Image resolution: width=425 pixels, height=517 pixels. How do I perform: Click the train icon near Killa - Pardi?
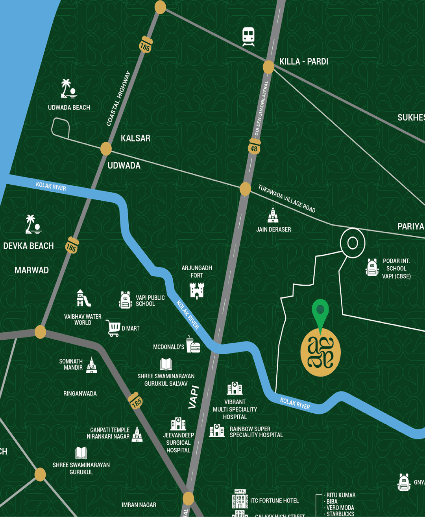click(x=248, y=36)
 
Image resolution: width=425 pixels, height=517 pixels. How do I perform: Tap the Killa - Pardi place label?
click(x=303, y=61)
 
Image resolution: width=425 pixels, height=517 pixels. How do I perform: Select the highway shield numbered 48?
click(x=254, y=147)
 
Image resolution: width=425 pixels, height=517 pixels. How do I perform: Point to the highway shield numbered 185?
click(x=136, y=401)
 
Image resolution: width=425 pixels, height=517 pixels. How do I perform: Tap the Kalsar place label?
click(x=135, y=138)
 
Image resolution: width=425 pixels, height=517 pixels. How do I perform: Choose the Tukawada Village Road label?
click(x=286, y=199)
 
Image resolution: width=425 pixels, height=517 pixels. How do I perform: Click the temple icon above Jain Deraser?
click(x=273, y=215)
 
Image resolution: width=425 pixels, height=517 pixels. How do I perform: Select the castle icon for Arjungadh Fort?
click(x=197, y=290)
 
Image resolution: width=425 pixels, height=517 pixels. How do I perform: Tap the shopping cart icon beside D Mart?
click(x=113, y=328)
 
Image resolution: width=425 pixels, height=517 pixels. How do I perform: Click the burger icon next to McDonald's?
click(x=193, y=345)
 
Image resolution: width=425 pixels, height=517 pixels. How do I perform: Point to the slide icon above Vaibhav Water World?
click(x=83, y=299)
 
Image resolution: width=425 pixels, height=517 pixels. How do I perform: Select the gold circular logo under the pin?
click(x=320, y=352)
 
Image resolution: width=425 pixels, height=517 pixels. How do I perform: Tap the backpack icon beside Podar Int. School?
click(x=372, y=268)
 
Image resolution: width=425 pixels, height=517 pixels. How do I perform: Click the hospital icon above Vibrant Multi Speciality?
click(x=235, y=388)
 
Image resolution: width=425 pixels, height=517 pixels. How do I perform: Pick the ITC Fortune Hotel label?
click(x=274, y=500)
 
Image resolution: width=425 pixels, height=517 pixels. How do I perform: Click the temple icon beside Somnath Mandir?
click(x=92, y=365)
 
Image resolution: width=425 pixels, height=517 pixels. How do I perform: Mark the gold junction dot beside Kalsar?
click(x=106, y=149)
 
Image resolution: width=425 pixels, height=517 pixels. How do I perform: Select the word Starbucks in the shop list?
click(x=340, y=514)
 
